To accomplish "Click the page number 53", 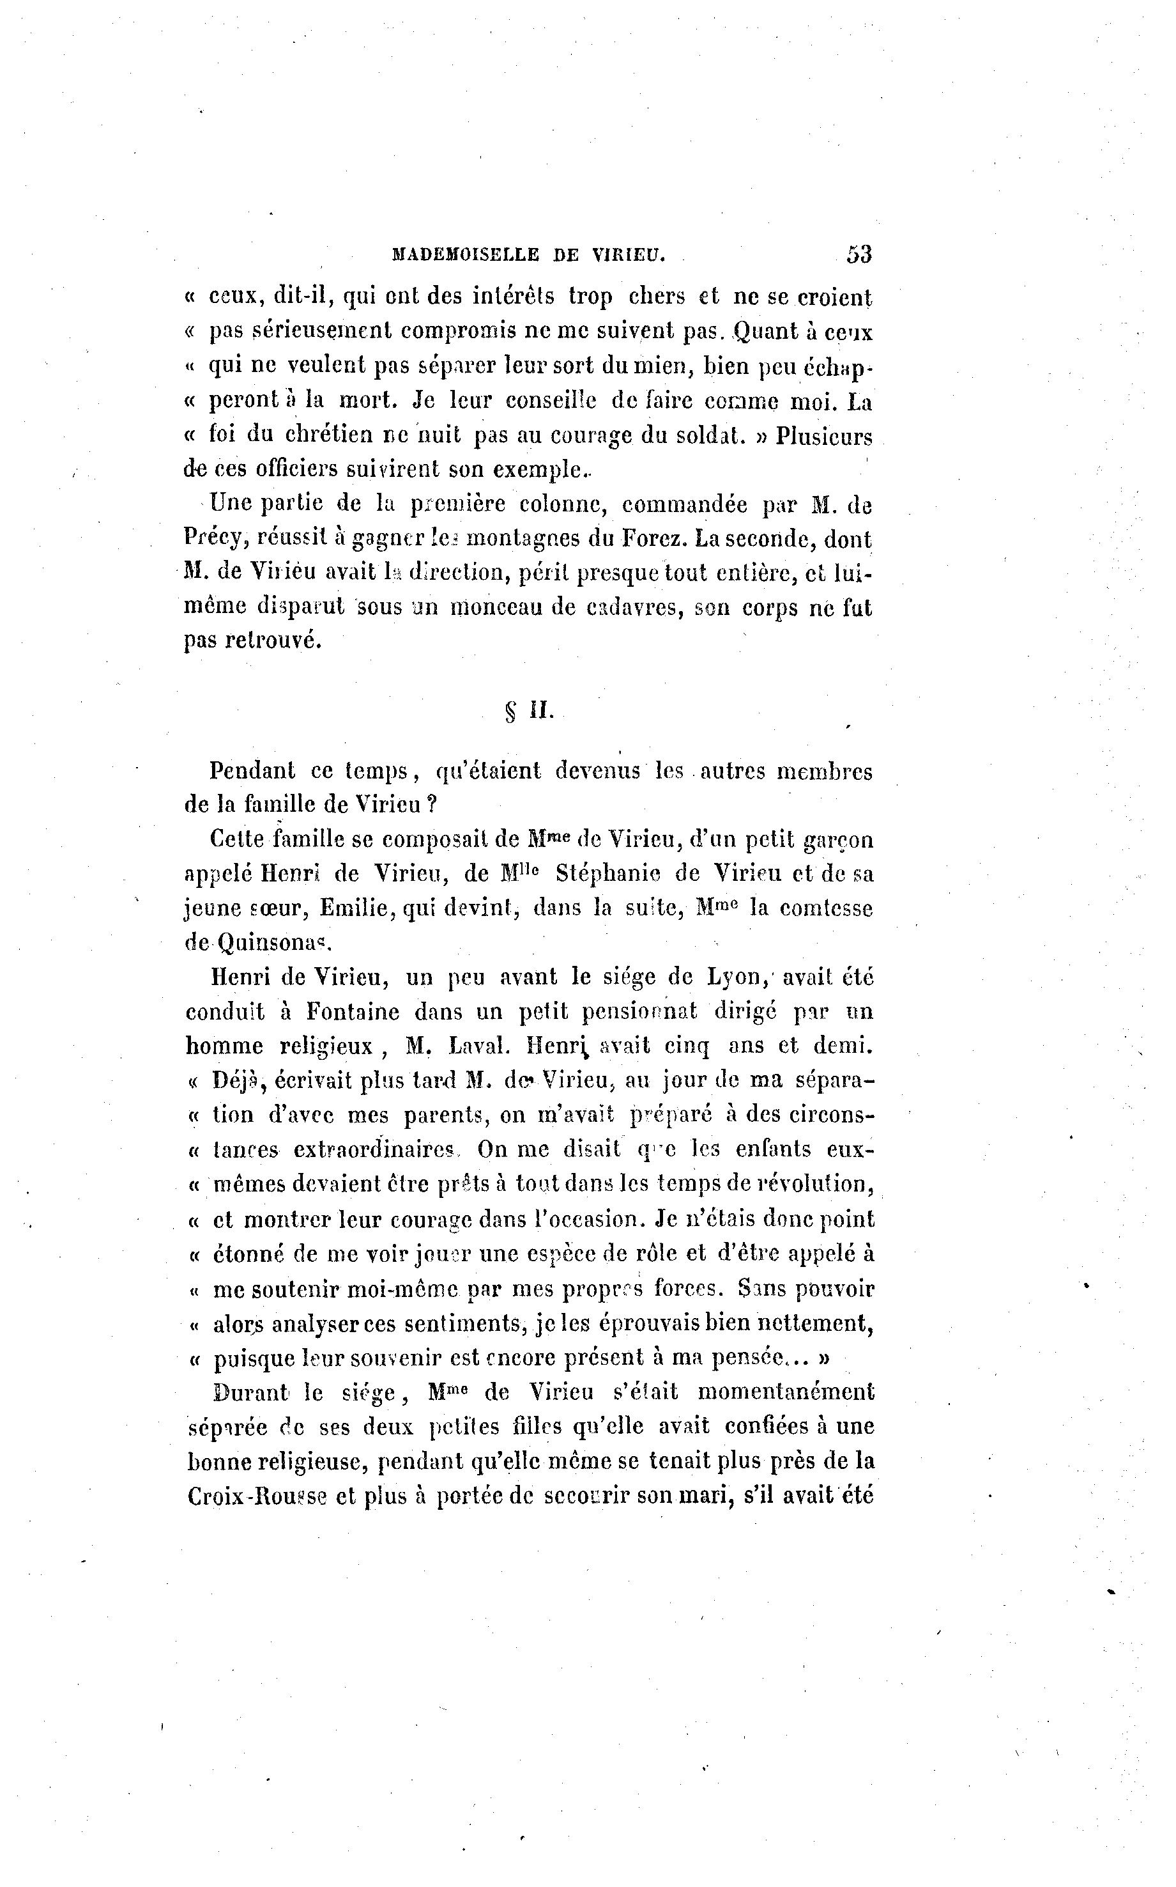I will (859, 254).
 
